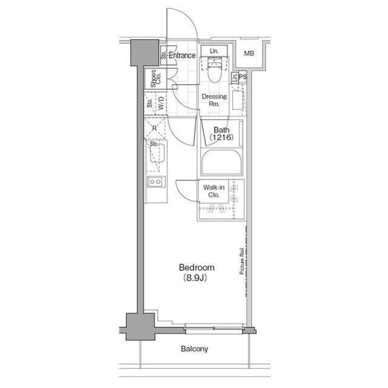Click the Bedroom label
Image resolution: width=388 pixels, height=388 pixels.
[x=196, y=268]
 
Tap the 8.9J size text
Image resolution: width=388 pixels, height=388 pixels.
[x=195, y=278]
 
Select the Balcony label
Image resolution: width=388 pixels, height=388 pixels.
[x=194, y=349]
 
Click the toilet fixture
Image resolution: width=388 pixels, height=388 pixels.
[x=214, y=70]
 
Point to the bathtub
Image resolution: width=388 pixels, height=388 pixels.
[x=221, y=162]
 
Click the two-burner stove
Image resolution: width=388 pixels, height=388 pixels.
[x=156, y=182]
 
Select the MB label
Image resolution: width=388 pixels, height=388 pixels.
[x=249, y=53]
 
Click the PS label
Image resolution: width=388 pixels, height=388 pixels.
[x=242, y=77]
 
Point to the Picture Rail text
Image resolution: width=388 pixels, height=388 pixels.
[x=242, y=261]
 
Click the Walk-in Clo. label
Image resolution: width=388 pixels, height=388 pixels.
[x=214, y=191]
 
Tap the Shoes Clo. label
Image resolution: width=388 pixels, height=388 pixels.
[x=155, y=78]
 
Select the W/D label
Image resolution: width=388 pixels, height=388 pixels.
[x=161, y=103]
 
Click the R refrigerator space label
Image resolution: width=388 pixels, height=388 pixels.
[x=155, y=128]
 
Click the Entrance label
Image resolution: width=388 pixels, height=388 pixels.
[x=182, y=55]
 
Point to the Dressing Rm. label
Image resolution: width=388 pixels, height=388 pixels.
[x=214, y=100]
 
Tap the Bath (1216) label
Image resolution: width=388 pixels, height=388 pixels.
[x=221, y=134]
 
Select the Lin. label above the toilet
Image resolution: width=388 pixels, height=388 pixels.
[x=214, y=51]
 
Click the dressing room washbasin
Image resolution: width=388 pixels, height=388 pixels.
[x=238, y=100]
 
